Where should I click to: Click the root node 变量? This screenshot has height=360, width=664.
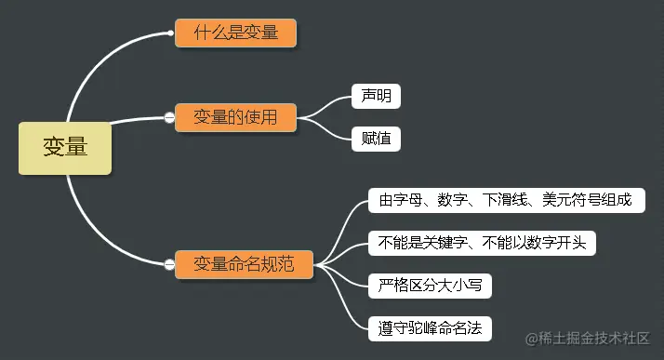(65, 147)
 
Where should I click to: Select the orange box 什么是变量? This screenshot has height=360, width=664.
(235, 33)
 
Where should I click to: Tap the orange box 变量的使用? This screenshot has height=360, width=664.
(235, 117)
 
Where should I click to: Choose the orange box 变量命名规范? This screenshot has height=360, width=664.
(244, 264)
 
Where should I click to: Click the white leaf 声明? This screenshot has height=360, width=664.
(376, 96)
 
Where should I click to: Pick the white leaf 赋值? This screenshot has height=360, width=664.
(376, 140)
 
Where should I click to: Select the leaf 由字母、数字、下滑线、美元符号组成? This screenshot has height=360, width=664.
(505, 200)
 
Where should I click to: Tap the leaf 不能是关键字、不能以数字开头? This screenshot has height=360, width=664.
(482, 243)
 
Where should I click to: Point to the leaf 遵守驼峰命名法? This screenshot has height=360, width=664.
(429, 328)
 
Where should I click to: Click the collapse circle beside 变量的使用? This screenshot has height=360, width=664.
(169, 118)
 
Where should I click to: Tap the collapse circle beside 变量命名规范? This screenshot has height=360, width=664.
(169, 265)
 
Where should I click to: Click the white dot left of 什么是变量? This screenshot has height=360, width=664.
(171, 33)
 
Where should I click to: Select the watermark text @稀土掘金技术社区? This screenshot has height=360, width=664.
(588, 338)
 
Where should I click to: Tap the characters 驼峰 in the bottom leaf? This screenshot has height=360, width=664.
(429, 328)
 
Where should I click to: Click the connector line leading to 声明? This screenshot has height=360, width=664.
(330, 103)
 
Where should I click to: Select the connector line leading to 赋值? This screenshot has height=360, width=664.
(330, 130)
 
